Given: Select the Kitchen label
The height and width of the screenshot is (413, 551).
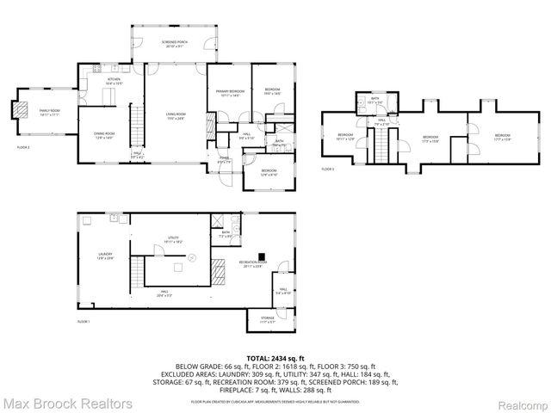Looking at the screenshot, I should tap(113, 81).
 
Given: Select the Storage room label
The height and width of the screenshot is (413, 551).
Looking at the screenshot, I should tap(268, 319).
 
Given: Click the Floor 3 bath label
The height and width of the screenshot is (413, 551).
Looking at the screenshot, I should tap(375, 100).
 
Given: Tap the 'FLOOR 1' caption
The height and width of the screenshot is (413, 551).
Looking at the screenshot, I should tap(84, 322).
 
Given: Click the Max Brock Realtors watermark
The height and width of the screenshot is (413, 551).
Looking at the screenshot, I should tap(67, 403).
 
